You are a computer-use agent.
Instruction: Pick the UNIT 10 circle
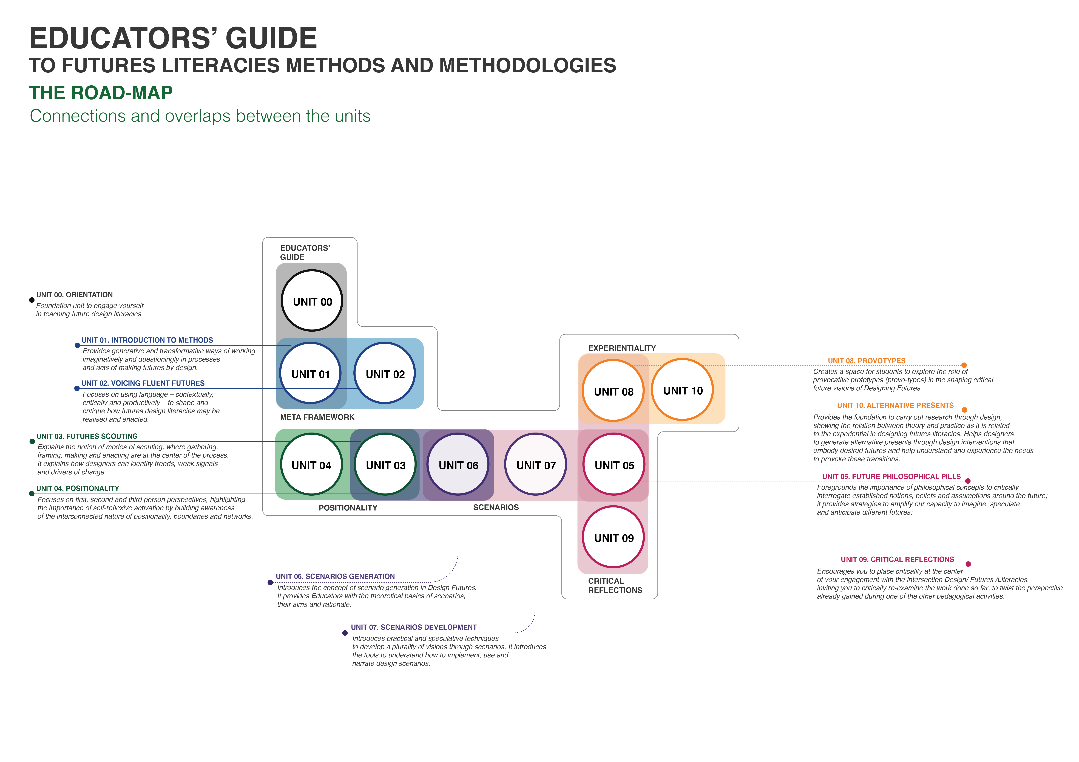tap(682, 390)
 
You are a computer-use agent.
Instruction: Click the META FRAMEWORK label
tap(317, 417)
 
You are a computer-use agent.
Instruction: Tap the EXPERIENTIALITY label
tap(622, 348)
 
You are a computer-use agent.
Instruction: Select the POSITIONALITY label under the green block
tap(348, 508)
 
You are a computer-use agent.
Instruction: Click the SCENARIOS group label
tap(496, 507)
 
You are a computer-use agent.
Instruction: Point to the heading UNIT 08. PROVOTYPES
tap(867, 361)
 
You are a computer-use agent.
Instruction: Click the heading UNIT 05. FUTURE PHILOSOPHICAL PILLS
tap(891, 476)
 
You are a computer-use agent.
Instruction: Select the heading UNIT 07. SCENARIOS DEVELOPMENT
tap(414, 627)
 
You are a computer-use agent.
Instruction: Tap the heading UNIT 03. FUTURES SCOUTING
tap(87, 436)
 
